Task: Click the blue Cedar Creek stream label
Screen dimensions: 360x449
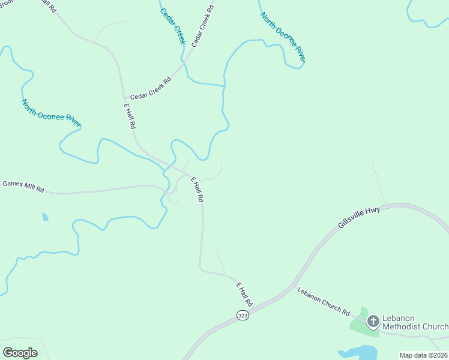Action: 172,26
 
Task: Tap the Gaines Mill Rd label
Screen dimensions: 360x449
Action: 23,186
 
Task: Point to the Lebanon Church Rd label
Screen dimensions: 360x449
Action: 324,301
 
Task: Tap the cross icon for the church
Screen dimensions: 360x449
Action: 373,322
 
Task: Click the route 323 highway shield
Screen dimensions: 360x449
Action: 243,315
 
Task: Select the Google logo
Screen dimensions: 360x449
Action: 20,352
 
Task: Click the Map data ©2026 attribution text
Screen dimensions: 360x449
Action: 423,355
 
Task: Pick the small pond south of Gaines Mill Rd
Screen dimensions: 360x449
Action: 45,217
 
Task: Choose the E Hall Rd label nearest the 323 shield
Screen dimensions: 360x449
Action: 244,294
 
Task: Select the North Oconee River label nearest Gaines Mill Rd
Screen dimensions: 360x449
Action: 51,113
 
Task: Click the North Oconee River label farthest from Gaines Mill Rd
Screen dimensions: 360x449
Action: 283,37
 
